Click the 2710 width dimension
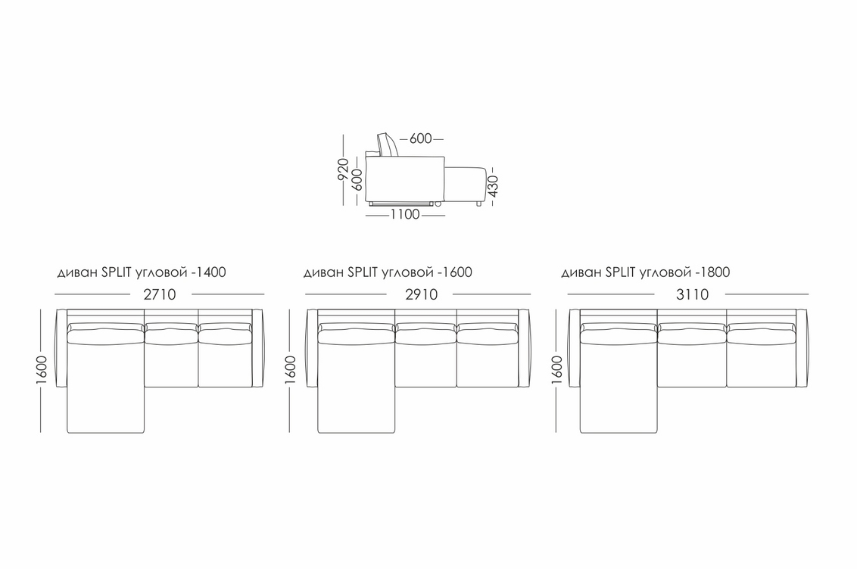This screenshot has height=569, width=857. [160, 295]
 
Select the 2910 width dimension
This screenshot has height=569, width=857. [422, 295]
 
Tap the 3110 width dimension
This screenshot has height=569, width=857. [693, 295]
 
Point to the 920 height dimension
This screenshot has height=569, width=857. [343, 169]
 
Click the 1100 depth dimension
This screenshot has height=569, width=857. [405, 215]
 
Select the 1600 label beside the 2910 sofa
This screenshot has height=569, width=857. [290, 370]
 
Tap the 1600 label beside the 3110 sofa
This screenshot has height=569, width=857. [557, 370]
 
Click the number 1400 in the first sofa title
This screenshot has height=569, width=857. [211, 272]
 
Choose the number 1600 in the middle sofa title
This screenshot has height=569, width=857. [457, 272]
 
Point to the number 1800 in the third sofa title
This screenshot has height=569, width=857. [715, 272]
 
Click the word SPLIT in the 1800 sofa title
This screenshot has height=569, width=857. [620, 272]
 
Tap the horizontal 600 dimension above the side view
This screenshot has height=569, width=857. [420, 138]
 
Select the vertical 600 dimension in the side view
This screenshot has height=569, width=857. [357, 179]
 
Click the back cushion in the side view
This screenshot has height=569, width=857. [388, 145]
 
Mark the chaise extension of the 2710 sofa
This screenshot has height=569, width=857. [105, 409]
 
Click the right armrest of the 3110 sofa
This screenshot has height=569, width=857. [802, 348]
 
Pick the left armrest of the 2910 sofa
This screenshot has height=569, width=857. [312, 348]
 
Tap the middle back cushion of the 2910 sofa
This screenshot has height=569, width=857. [425, 334]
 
